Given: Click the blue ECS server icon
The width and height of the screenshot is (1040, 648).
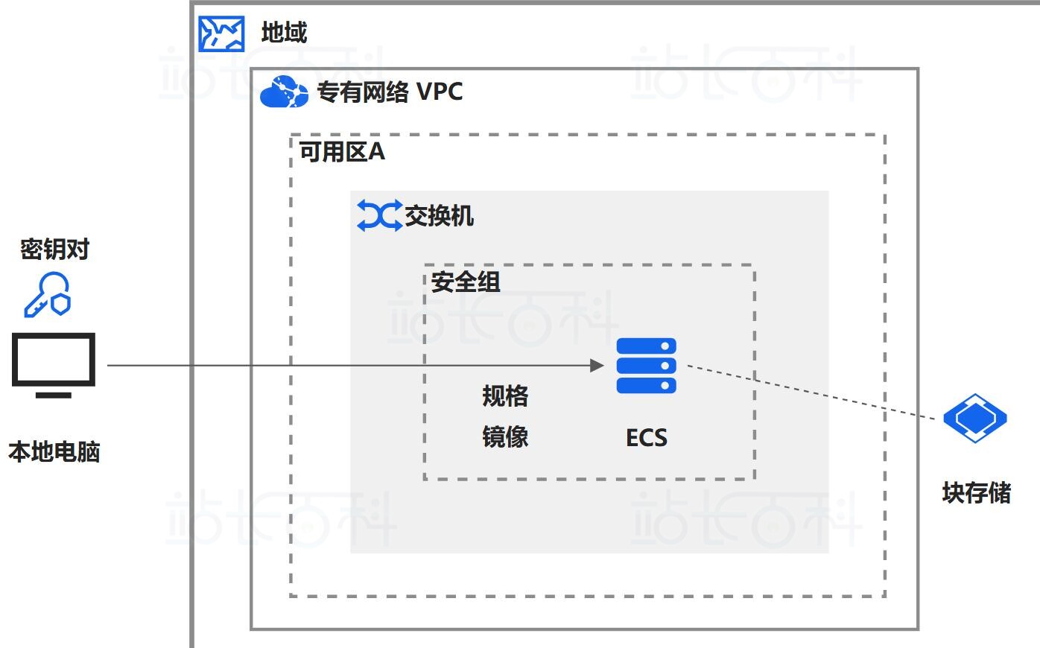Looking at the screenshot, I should tap(646, 365).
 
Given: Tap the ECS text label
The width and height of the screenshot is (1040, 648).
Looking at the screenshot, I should tap(646, 437).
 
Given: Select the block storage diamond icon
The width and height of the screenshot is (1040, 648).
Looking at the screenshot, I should tap(974, 418).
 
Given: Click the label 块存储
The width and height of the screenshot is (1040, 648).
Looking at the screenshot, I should tap(976, 492).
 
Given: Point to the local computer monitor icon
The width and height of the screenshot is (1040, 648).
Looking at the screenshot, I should tap(54, 365).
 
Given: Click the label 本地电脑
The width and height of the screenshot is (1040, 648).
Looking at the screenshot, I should tap(54, 451).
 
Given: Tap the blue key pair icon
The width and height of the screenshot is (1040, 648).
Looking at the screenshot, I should tap(48, 295).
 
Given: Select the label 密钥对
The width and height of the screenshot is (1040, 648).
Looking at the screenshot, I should tap(54, 249).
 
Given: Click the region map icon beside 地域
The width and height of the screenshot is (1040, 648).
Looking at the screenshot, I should tap(221, 34).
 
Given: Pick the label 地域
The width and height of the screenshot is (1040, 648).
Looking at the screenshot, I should tap(284, 33).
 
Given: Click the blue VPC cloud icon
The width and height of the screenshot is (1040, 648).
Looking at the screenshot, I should tap(283, 92).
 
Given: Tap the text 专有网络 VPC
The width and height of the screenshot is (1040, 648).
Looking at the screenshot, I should tap(390, 92).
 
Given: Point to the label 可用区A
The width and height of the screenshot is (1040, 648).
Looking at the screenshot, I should tap(342, 152).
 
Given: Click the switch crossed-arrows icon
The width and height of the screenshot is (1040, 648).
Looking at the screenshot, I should tap(378, 215).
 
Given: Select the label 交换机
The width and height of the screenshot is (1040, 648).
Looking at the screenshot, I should tap(439, 216).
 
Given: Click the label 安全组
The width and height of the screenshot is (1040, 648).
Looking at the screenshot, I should tap(466, 282).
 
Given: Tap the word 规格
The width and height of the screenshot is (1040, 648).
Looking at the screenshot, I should tap(505, 396).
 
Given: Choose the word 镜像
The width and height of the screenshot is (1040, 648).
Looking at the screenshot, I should tap(505, 436).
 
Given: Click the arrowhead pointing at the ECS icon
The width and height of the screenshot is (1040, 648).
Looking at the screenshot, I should tap(597, 365).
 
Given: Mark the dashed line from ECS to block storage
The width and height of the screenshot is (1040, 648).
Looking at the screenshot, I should tap(812, 392).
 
